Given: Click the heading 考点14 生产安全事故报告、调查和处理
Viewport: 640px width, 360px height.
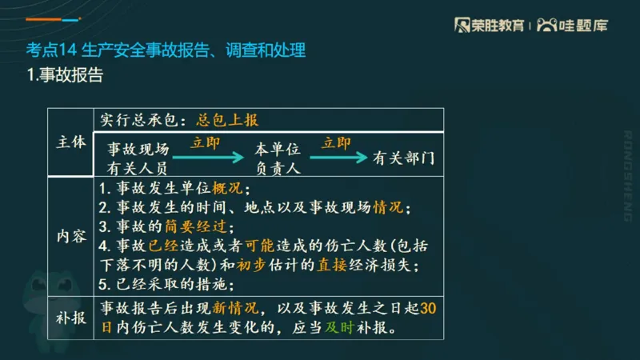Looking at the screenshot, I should [166, 52].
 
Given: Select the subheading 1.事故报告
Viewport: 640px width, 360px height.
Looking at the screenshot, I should [65, 77].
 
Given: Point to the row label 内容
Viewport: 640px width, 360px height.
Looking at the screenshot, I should [71, 237].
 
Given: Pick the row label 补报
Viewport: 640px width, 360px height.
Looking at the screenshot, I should [71, 317].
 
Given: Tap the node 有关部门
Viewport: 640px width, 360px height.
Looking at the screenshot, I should [404, 158].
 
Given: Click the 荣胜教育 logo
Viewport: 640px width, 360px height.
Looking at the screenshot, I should [489, 25].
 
